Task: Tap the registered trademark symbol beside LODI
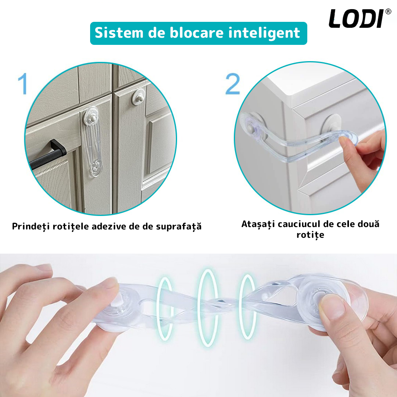coord(388,12)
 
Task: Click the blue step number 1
coord(23,84)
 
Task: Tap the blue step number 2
coord(232,84)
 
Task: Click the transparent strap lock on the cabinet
coord(93,142)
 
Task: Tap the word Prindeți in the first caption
coord(31,226)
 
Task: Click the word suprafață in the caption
coord(179,226)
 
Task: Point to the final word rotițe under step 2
coord(310,235)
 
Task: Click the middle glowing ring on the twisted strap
coord(208,308)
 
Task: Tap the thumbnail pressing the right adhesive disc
coord(331,308)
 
